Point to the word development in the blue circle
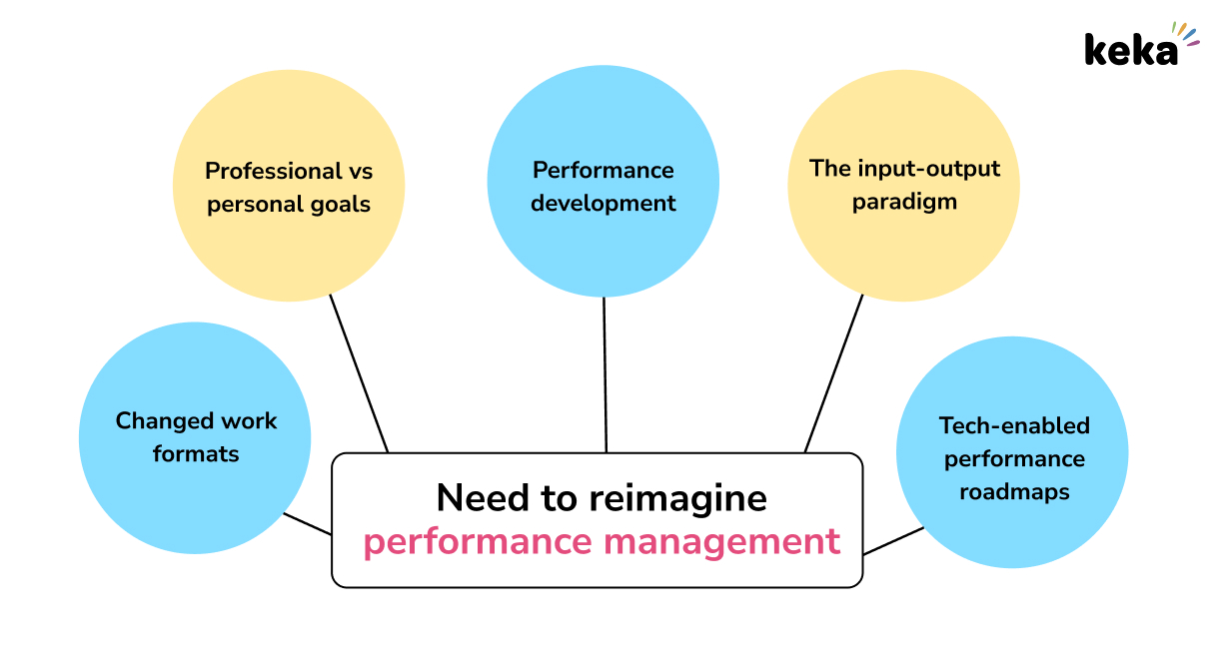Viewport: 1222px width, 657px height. click(603, 203)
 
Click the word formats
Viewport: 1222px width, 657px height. click(196, 454)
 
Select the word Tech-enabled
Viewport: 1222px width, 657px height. click(1014, 425)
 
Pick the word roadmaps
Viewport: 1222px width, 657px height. click(1014, 492)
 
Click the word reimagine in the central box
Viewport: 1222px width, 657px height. click(675, 497)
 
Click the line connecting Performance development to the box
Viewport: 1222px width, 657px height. click(605, 374)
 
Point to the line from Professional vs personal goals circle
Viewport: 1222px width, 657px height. click(359, 373)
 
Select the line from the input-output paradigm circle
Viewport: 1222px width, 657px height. click(833, 373)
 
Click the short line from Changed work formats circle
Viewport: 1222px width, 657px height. click(307, 523)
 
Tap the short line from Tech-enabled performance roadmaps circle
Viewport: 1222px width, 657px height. click(892, 540)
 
